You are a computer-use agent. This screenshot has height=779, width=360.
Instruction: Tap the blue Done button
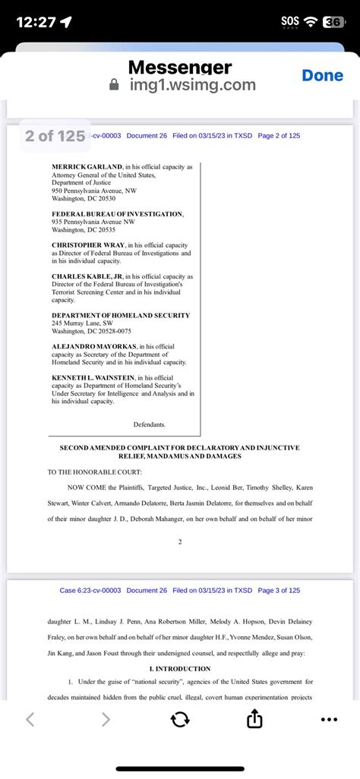coord(322,75)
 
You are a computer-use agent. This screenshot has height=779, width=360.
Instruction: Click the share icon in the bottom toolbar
coord(255,719)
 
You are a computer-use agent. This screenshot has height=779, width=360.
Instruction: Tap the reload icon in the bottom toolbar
coord(180,719)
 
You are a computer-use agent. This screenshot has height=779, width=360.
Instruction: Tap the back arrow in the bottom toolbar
coord(30,719)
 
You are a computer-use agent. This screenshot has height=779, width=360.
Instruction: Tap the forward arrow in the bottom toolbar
coord(106,719)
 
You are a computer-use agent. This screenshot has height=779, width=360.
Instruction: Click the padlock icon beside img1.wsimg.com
coord(115,86)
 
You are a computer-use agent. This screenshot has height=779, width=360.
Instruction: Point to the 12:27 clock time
coord(36,22)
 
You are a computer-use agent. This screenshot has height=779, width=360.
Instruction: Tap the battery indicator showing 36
coord(333,22)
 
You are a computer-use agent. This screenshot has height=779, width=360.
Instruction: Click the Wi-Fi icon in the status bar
coord(310,22)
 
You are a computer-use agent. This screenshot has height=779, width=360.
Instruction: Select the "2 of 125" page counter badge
coord(55,136)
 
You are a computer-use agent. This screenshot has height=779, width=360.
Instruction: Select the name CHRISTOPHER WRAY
coord(87,245)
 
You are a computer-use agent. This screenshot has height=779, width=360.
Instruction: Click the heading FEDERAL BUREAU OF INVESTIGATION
coord(117,214)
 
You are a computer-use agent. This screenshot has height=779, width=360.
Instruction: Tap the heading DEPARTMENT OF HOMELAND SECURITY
coord(121,315)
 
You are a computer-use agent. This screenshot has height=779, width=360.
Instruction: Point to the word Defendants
coord(149,424)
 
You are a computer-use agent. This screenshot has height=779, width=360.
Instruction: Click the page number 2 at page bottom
coord(180,542)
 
